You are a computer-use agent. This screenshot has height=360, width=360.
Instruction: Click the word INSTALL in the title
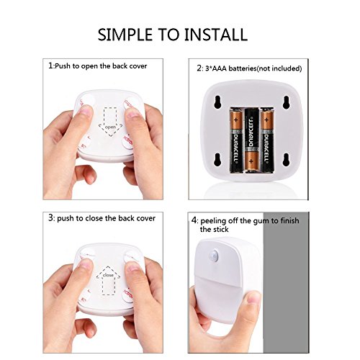216,35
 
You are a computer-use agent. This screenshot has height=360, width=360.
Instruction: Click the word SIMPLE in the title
125,35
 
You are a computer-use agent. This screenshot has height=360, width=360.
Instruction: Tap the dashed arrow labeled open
110,122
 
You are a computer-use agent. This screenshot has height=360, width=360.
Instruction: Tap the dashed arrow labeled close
108,280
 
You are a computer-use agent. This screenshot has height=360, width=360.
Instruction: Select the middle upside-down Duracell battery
251,140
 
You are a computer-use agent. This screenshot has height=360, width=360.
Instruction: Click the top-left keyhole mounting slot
217,102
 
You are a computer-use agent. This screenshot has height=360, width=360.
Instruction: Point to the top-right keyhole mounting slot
286,102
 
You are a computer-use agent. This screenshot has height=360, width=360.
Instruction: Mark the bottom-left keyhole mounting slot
217,160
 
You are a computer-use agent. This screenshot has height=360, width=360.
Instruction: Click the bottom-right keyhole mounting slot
286,160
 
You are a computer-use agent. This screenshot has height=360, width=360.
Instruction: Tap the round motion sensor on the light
214,255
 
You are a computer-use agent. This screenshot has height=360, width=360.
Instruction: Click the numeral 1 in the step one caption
50,66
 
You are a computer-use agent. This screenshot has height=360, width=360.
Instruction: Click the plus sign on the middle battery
251,161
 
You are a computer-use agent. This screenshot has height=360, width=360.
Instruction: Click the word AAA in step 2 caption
219,68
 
